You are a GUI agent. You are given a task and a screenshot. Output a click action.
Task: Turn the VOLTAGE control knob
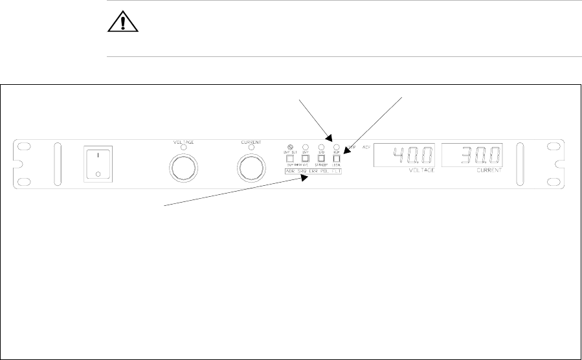(x=183, y=168)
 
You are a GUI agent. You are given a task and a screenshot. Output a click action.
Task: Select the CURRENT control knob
(x=251, y=168)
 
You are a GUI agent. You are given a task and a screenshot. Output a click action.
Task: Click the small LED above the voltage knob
(x=183, y=148)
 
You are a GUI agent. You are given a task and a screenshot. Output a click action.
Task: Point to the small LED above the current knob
(x=251, y=148)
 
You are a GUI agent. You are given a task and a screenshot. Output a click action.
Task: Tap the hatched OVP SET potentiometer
(x=290, y=147)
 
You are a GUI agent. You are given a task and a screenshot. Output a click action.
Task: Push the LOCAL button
(x=337, y=158)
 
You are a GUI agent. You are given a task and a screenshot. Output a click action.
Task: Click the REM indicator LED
(x=337, y=147)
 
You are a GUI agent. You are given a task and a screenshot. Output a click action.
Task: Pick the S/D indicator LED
(x=321, y=147)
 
